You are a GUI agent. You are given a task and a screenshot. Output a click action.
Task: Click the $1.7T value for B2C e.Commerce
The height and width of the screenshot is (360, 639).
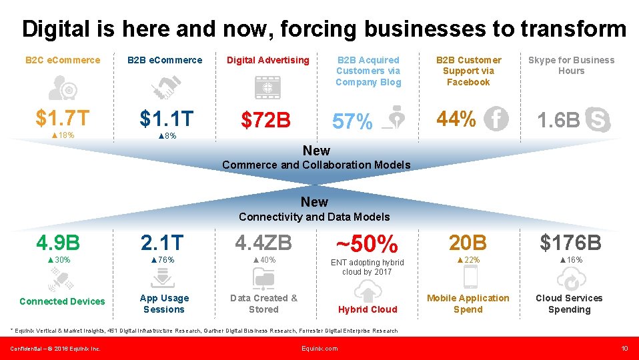62,119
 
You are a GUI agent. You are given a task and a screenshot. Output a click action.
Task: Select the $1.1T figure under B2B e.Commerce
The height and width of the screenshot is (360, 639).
166,119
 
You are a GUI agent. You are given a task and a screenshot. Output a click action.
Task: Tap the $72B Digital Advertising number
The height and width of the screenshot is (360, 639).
266,121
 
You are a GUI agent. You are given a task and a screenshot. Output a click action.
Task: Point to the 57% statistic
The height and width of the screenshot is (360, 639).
352,122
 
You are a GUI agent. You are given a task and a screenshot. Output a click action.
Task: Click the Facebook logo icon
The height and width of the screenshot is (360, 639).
496,119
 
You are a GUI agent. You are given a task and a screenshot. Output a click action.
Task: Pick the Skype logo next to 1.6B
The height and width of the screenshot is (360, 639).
597,121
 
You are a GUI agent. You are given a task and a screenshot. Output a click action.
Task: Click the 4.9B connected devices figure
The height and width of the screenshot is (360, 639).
59,241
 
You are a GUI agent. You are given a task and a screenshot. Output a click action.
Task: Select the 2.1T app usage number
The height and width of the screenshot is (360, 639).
162,242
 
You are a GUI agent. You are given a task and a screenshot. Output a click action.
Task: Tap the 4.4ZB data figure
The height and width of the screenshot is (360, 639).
263,242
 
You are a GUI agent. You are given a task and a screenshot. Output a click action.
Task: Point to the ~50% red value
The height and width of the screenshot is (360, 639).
367,244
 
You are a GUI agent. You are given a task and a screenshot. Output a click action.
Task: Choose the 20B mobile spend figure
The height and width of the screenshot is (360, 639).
468,242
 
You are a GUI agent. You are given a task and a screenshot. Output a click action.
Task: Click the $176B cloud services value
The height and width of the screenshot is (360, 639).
570,242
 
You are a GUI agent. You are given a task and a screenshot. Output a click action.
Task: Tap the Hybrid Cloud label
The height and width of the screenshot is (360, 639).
368,309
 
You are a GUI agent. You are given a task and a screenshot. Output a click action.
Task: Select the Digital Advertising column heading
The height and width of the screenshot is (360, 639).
268,60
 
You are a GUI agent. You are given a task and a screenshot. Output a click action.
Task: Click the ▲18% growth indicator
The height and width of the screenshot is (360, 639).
62,135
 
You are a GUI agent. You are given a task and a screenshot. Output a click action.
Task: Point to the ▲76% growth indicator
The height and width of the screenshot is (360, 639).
162,259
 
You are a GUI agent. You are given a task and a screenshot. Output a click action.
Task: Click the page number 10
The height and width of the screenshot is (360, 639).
624,348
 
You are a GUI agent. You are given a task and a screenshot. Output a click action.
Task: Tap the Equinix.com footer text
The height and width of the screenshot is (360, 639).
319,348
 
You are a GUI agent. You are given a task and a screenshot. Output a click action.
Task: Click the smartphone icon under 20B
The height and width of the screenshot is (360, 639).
470,276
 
